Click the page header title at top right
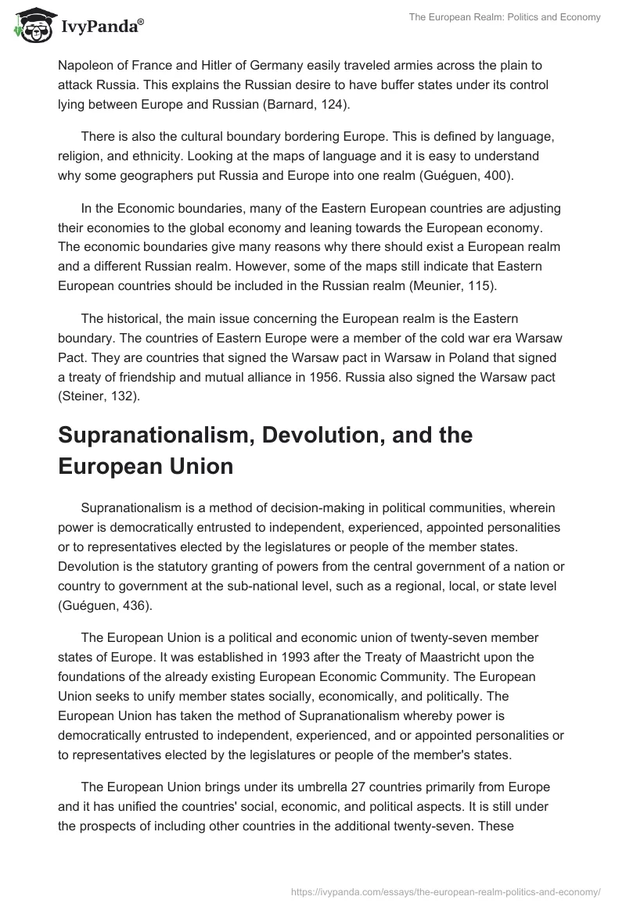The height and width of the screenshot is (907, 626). click(505, 16)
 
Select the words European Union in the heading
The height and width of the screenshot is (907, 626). click(146, 466)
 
